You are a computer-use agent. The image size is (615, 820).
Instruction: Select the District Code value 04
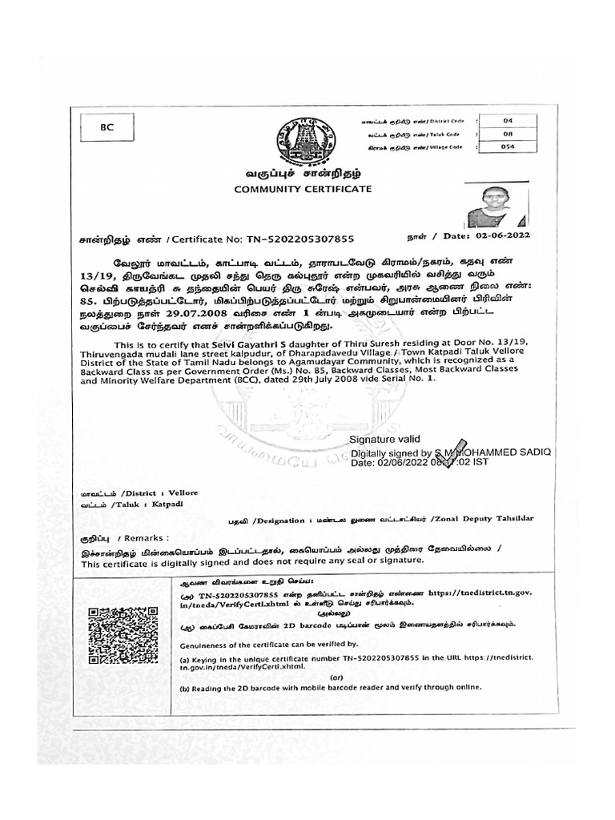[507, 120]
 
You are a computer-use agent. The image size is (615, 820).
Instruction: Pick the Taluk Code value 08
[507, 134]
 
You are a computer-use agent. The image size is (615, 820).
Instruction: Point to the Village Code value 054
[507, 147]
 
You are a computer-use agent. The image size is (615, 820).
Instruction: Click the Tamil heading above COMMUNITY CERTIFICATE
[302, 173]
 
